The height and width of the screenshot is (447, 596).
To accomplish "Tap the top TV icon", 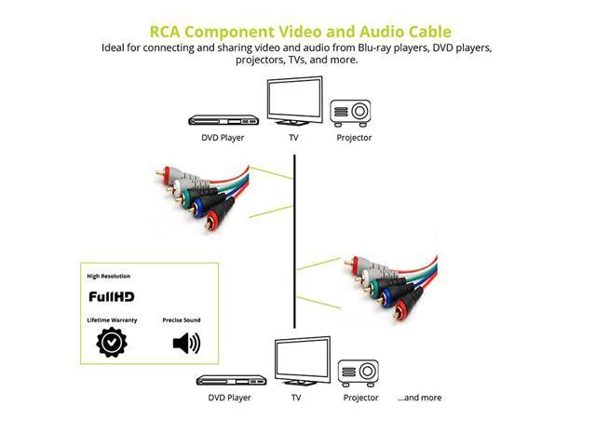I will coord(295,102).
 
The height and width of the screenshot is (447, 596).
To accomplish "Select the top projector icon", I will coord(353,111).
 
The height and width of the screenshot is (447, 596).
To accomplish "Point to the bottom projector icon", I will coord(359,372).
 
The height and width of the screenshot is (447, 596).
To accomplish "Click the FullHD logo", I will coord(113,298).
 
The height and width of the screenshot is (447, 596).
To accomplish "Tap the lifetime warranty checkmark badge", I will coord(112,343).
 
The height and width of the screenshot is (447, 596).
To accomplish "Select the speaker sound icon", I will coord(186,343).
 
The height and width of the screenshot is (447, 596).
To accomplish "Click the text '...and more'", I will coord(419,398).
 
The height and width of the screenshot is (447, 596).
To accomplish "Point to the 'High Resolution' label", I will coord(109,277).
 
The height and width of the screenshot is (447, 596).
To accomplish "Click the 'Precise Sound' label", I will coord(182,320).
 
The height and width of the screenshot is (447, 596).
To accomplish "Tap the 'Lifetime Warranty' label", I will coord(113,320).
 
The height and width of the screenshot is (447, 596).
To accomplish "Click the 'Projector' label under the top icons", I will coord(354,138).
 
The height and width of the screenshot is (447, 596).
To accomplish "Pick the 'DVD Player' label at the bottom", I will coord(229,398).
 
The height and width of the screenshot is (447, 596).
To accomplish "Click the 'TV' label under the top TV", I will coord(295,138).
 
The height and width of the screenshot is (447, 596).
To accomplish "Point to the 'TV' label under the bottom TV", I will coord(296,398).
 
